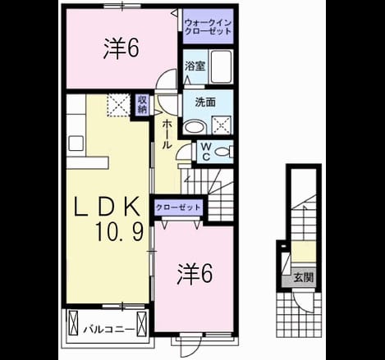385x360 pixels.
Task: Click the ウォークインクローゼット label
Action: coord(208,26)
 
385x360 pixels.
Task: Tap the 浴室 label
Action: coord(195,66)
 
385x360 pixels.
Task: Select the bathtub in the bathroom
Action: coord(222,66)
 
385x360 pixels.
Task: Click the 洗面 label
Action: coord(205,103)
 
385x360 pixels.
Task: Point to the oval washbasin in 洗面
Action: coord(195,127)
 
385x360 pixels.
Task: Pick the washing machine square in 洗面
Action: coord(222,125)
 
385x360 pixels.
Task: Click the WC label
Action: coord(206,152)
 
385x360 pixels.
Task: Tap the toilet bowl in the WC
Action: coord(223,152)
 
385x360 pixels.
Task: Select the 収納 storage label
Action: coord(142,104)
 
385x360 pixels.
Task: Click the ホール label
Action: coord(167,134)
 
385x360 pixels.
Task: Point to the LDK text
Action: coord(107,207)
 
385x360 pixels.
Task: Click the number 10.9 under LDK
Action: coord(119,231)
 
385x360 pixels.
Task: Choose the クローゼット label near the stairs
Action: coord(178,207)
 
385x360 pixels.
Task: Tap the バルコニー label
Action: coord(109,330)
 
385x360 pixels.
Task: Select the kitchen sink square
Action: coord(76,144)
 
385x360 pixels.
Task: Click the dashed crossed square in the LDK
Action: coord(118,105)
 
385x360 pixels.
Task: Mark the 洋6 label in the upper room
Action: coord(121,48)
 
